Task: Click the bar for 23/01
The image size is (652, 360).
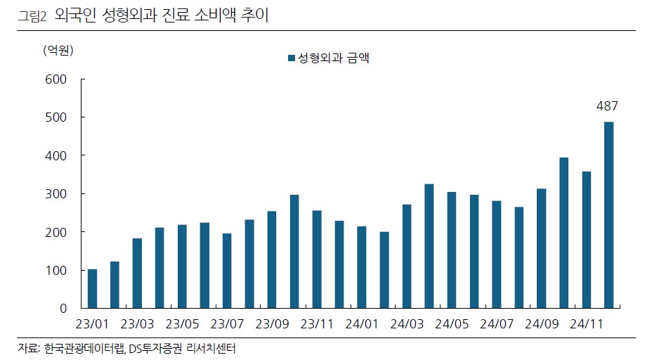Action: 92,288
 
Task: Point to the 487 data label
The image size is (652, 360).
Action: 607,106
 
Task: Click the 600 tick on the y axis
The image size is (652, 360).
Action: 56,79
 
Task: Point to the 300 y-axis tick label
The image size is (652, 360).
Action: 56,193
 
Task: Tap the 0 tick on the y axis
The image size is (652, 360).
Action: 63,308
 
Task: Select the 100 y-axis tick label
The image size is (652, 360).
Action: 56,270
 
